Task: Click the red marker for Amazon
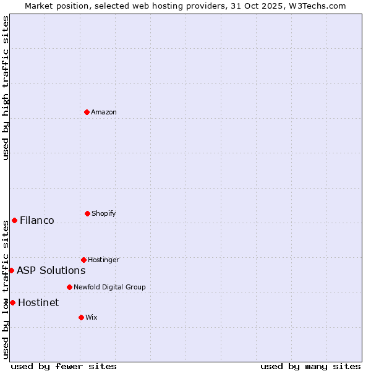tap(87, 112)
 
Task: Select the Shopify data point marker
tap(87, 213)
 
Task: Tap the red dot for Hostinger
tap(83, 260)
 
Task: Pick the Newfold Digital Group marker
tap(69, 287)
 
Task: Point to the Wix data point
tap(81, 317)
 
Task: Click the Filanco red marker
tap(14, 220)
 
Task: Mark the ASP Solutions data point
tap(11, 270)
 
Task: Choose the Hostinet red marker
tap(12, 302)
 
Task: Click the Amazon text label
tap(104, 112)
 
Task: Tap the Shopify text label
tap(104, 213)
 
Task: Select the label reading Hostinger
tap(103, 260)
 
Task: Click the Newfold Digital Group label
tap(109, 287)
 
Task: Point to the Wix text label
tap(92, 317)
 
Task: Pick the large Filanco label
tap(37, 220)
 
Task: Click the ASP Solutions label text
tap(51, 270)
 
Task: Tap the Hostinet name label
tap(38, 302)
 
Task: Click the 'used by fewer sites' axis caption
tap(64, 366)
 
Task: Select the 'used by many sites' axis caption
tap(310, 366)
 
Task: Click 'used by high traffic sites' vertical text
tap(6, 88)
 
